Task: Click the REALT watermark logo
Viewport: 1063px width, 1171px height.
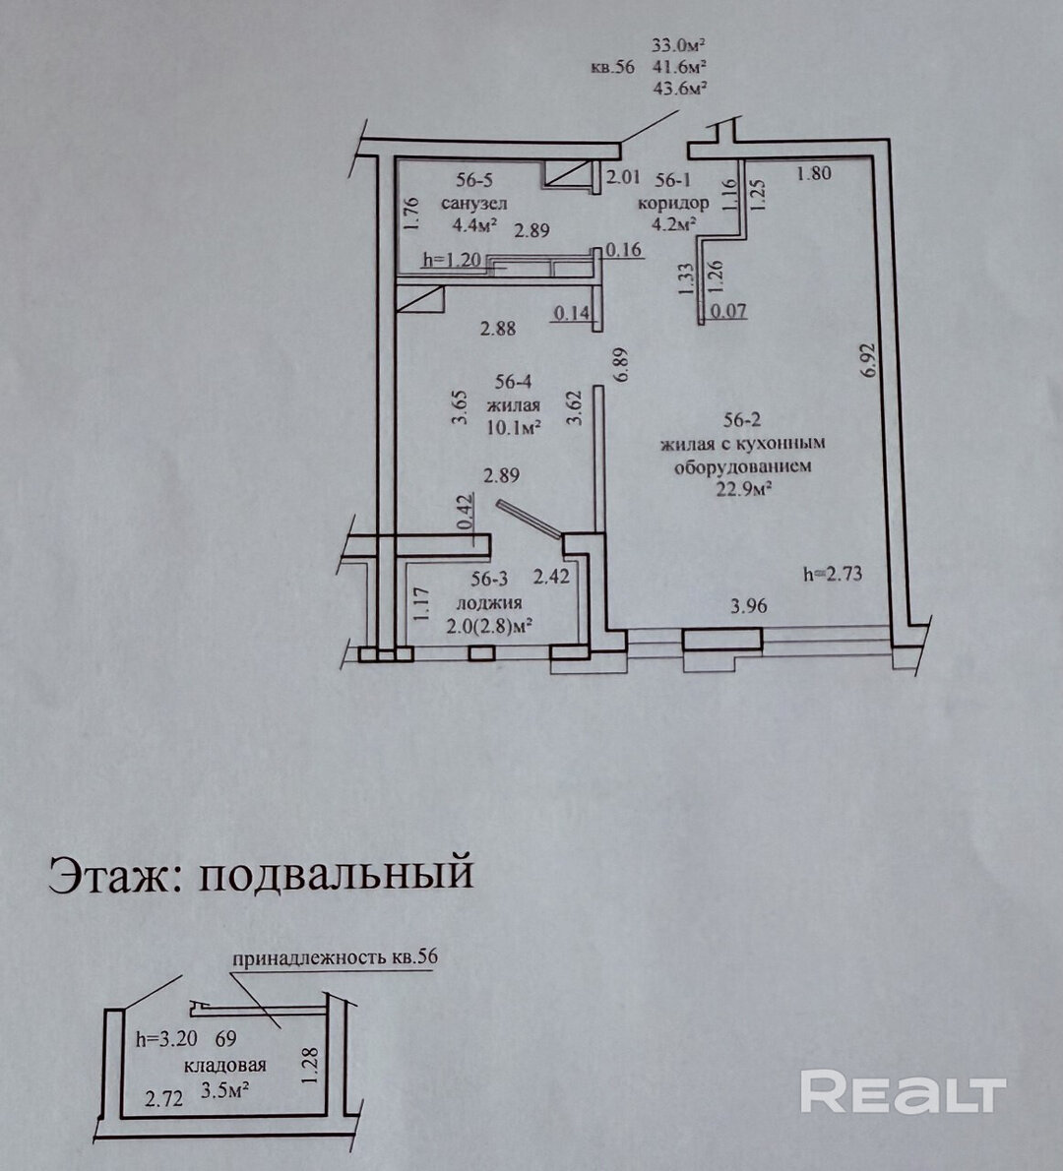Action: (x=904, y=1091)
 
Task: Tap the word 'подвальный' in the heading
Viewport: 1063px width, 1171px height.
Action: (x=337, y=872)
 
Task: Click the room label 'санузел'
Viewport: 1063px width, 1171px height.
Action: (x=473, y=203)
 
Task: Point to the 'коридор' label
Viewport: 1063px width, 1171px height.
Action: (x=673, y=203)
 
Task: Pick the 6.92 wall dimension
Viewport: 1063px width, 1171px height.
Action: (x=867, y=360)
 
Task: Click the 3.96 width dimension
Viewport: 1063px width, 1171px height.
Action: (x=748, y=605)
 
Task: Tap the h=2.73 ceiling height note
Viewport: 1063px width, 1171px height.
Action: (x=833, y=574)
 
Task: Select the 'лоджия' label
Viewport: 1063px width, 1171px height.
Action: (x=489, y=602)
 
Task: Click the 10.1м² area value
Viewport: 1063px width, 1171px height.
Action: (x=513, y=428)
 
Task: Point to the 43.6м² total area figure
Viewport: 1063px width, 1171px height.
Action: (x=680, y=88)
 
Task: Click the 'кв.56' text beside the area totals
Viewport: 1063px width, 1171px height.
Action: (x=612, y=67)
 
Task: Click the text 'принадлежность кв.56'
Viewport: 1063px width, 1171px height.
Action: (x=335, y=958)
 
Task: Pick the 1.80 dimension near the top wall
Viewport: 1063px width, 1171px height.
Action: (x=814, y=173)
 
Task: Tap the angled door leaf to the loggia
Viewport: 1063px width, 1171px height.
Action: (x=529, y=519)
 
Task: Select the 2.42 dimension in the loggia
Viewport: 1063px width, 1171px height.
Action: (x=550, y=577)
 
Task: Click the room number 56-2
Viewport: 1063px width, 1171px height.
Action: (x=742, y=420)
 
